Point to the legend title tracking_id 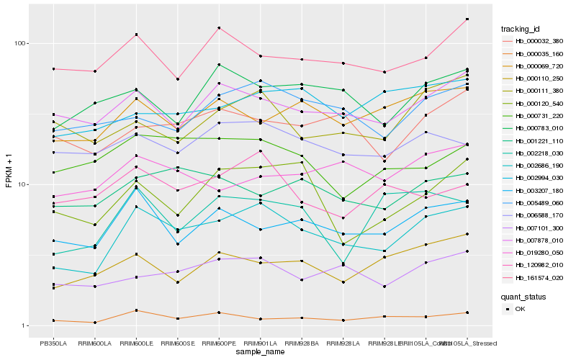521,29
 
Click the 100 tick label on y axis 20,43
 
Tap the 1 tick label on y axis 24,325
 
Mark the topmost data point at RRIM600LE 136,35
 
